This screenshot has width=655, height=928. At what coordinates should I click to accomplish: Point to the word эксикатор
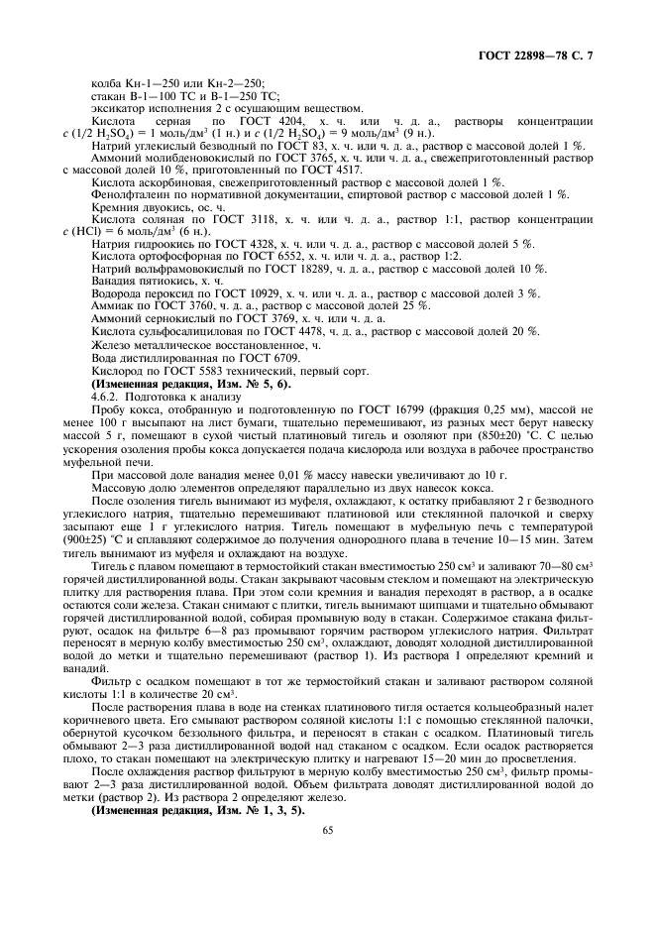116,107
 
